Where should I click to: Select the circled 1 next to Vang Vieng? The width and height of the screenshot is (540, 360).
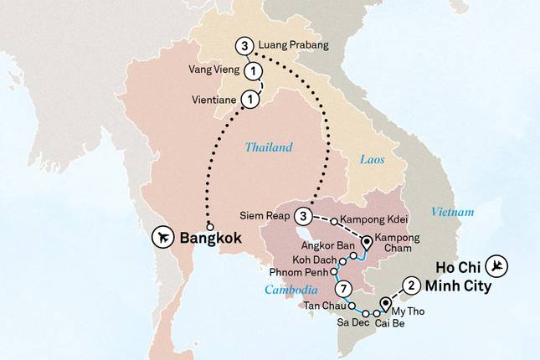point(250,73)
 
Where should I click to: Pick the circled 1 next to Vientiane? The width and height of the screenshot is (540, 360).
point(249,100)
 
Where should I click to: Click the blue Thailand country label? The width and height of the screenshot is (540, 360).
point(269,147)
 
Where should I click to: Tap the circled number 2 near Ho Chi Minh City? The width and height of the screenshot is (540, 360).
point(410,284)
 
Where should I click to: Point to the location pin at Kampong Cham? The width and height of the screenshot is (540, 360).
point(367,244)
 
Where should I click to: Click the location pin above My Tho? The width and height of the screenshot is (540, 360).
point(386,304)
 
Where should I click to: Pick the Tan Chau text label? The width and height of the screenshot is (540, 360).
point(321,306)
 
